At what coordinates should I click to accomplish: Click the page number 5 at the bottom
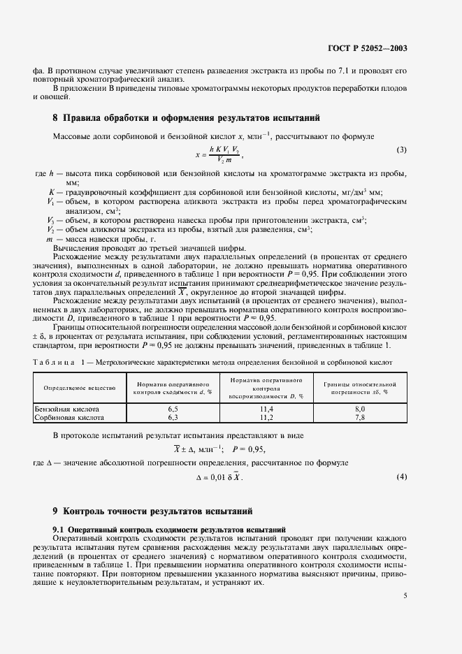pos(405,596)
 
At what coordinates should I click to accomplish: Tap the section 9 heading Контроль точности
pos(156,511)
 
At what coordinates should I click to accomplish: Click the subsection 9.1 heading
pos(170,528)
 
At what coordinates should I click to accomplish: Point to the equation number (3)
pos(401,150)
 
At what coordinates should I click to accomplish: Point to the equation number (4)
pos(401,477)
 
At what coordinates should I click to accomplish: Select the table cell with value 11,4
pos(265,409)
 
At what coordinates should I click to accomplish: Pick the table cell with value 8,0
pos(360,409)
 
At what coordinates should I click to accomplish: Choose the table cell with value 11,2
pos(265,417)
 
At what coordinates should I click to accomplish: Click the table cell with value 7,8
pos(360,417)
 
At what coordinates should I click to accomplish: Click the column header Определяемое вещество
pos(75,388)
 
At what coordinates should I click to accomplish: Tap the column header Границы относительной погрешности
pos(360,388)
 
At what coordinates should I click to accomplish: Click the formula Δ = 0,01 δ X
pos(222,477)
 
